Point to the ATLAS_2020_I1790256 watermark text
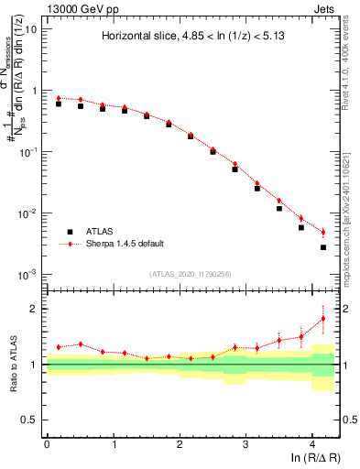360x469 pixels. click(191, 275)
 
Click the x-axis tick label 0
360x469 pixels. click(47, 443)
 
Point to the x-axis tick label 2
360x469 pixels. click(180, 443)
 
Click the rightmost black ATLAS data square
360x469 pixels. click(323, 247)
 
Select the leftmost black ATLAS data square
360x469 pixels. click(59, 104)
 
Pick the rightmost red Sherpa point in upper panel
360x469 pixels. click(323, 231)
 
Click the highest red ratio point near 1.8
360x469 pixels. click(323, 319)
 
